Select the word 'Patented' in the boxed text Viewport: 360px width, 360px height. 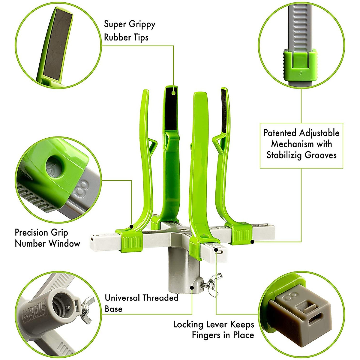[281, 133]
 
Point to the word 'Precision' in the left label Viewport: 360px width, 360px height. [31, 232]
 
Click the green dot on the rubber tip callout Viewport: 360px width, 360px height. [173, 93]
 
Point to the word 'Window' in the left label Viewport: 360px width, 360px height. [64, 243]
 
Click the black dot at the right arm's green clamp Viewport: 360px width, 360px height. [253, 241]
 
